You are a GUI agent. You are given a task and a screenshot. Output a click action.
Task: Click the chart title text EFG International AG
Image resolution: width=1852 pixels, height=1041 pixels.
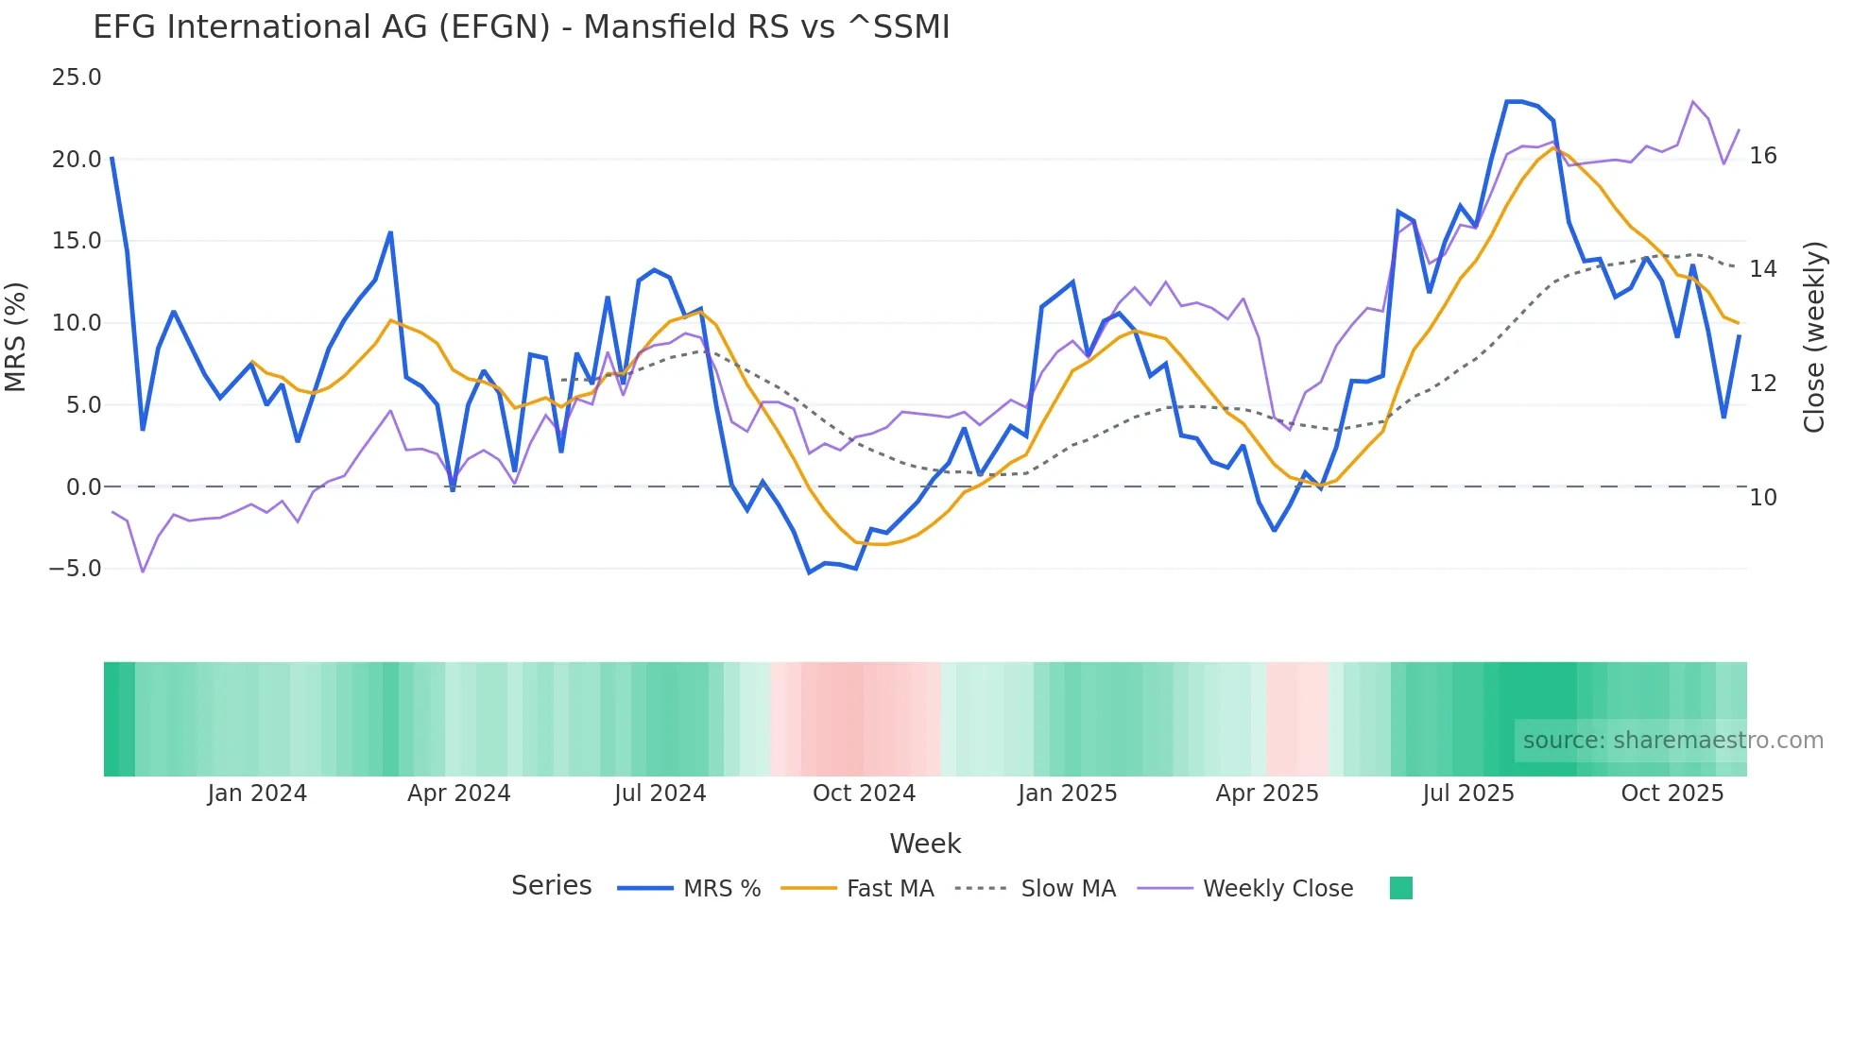521,27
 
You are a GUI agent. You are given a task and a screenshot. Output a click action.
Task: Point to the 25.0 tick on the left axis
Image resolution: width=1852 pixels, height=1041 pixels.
77,77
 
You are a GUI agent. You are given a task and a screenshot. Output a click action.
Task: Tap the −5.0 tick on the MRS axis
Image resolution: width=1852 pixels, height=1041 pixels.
75,569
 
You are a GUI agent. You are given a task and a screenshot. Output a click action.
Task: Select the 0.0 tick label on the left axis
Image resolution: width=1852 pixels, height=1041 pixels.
83,487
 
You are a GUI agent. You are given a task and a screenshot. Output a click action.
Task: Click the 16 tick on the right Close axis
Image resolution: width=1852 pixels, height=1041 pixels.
1763,156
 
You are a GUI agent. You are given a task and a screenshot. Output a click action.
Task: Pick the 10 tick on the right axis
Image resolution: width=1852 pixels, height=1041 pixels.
1763,498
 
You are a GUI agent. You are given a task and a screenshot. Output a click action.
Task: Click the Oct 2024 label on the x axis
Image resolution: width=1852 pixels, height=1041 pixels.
864,794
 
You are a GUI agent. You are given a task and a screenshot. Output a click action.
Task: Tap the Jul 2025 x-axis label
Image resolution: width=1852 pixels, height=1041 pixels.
1467,794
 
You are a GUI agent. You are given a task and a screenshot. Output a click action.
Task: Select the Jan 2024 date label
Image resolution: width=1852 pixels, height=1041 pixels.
257,794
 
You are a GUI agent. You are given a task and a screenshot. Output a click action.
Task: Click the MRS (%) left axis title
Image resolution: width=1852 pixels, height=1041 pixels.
16,336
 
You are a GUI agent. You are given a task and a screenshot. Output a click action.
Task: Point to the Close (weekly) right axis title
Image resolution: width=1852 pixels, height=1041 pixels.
1814,337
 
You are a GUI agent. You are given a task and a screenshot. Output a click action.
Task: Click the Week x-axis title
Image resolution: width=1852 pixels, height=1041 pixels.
925,844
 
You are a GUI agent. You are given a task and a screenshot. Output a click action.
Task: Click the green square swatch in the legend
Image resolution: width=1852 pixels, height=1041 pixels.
1401,888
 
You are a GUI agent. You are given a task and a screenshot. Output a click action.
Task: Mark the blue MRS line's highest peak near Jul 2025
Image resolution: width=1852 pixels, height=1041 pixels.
1515,101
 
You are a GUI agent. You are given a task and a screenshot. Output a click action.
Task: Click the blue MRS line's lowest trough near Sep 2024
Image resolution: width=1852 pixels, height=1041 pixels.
809,572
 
